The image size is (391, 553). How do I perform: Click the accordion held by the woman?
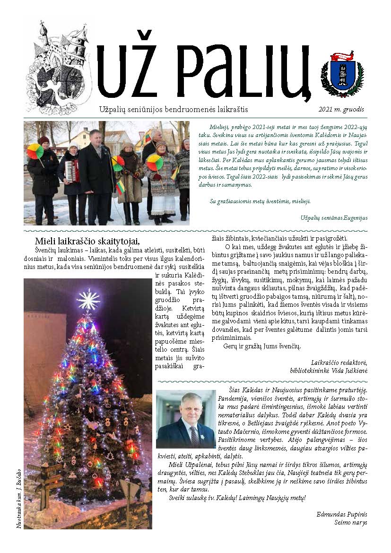71,170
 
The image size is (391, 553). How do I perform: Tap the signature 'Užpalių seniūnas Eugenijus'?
334,217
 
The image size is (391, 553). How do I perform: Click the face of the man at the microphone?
95,139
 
